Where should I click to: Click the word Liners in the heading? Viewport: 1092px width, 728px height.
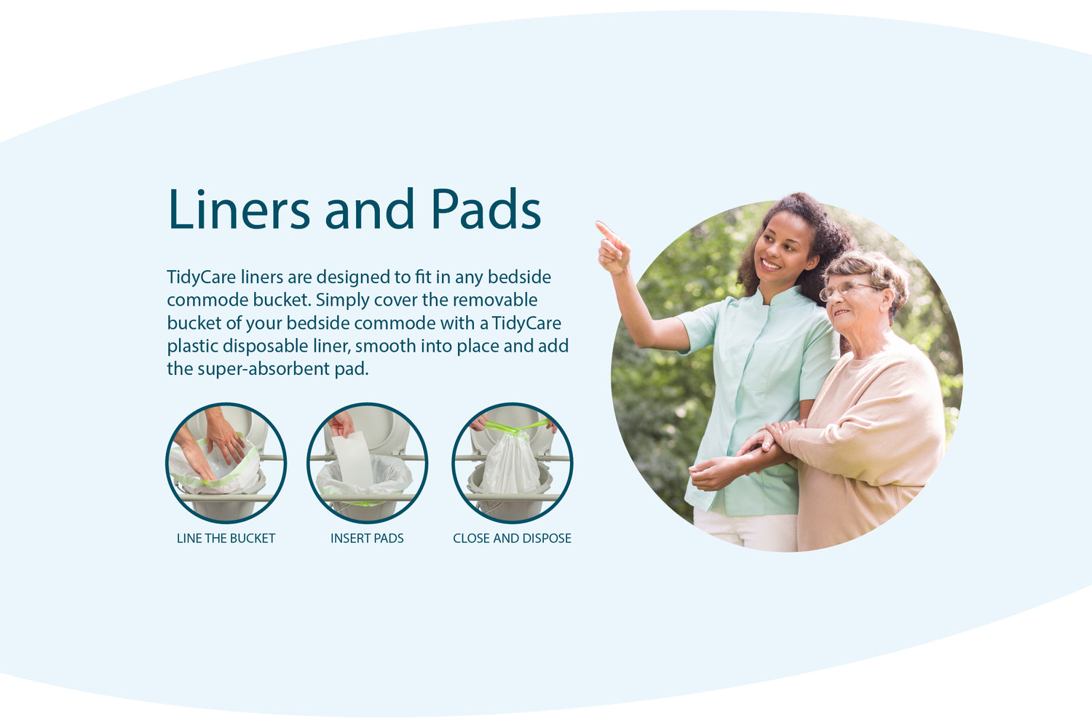[239, 209]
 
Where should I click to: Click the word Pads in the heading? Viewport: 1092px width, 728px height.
[486, 209]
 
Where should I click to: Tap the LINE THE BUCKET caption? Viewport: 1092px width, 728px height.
[226, 538]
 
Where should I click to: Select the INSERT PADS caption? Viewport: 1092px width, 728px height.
[367, 538]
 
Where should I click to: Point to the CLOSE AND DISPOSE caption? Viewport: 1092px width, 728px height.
[512, 538]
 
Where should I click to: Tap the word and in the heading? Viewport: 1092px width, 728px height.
[370, 209]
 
